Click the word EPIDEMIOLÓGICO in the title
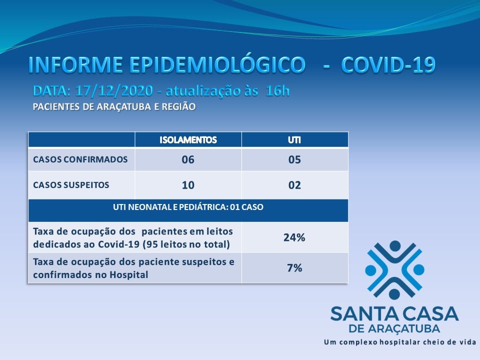click(217, 65)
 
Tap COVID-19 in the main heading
click(388, 65)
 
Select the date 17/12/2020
click(114, 91)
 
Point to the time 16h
click(277, 91)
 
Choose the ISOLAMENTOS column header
click(188, 140)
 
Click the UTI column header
click(294, 140)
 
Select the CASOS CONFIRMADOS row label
click(80, 159)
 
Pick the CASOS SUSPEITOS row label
click(71, 185)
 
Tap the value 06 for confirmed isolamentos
click(188, 159)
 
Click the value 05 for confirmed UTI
click(294, 159)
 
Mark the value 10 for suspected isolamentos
click(188, 185)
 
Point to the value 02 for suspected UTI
click(294, 185)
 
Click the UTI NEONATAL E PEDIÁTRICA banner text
click(188, 207)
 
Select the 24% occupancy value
click(294, 237)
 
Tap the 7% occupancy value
click(294, 268)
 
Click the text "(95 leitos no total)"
click(186, 244)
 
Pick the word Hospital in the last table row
click(129, 274)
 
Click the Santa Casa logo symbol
click(394, 270)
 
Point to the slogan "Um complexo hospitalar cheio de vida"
click(400, 342)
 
